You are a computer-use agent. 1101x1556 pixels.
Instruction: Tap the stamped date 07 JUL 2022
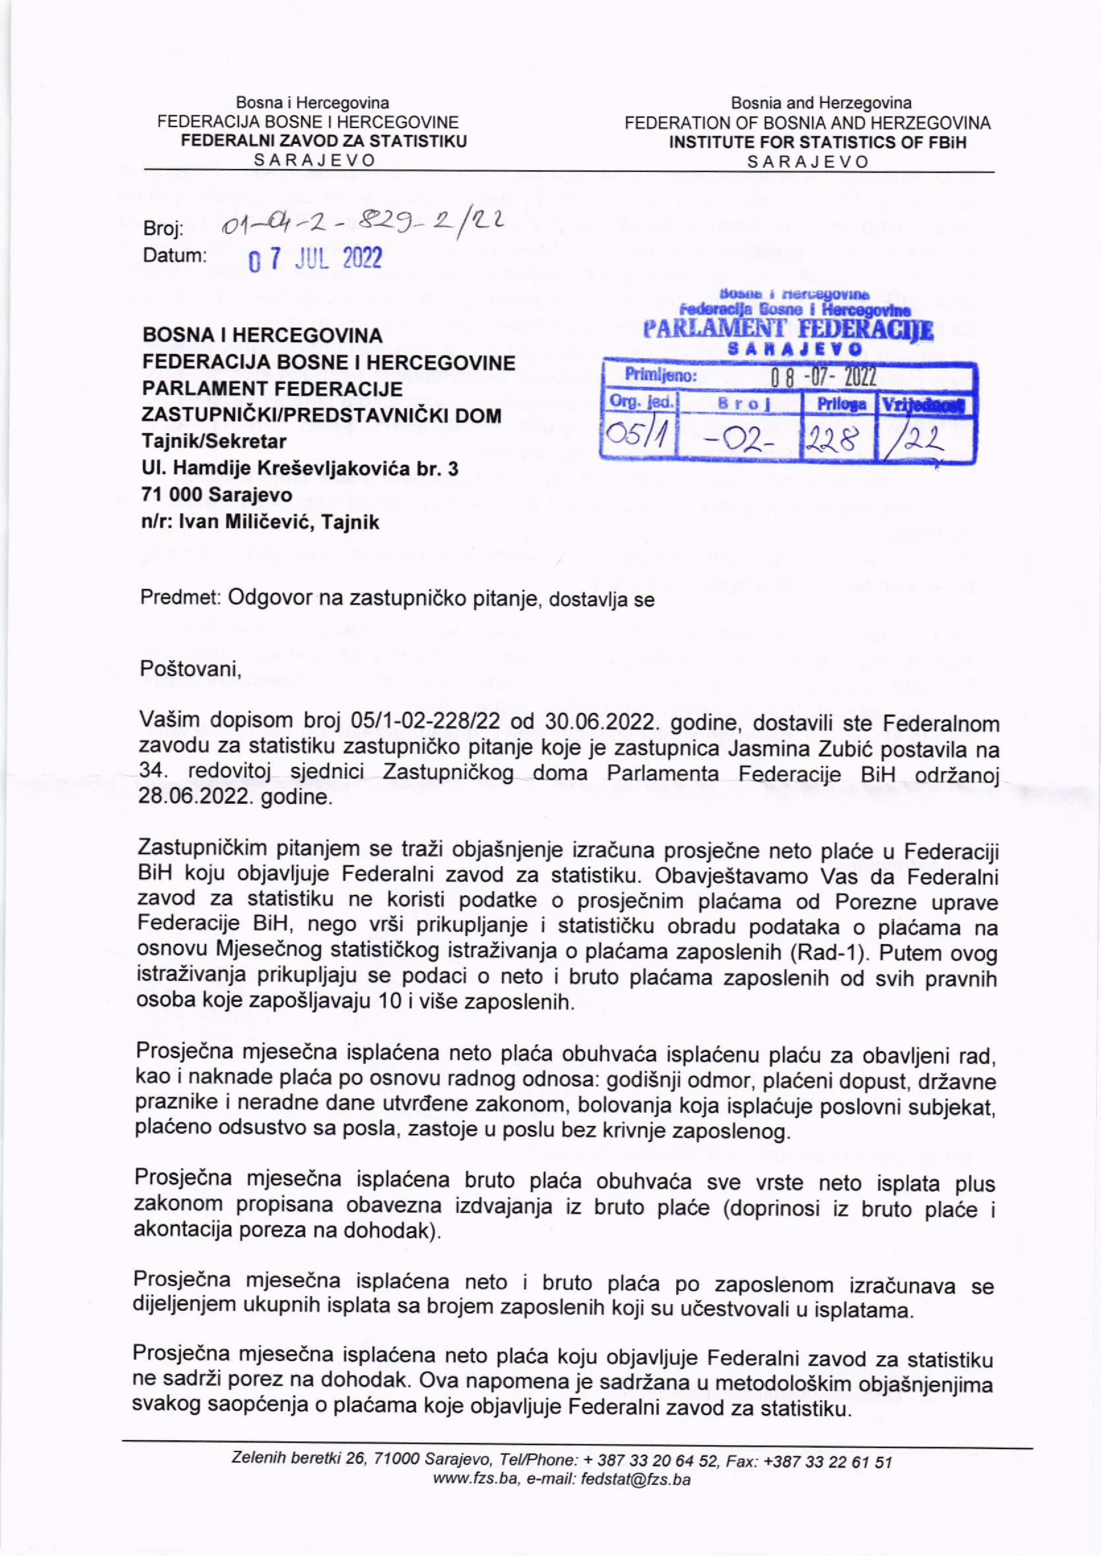pyautogui.click(x=315, y=259)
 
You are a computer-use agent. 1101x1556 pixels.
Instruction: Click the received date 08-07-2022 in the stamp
pyautogui.click(x=820, y=377)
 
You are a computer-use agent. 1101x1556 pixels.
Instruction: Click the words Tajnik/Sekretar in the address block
pyautogui.click(x=213, y=441)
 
